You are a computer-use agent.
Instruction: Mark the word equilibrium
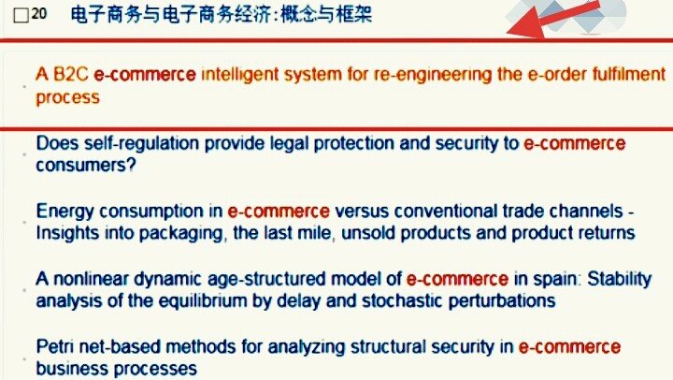coord(209,300)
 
